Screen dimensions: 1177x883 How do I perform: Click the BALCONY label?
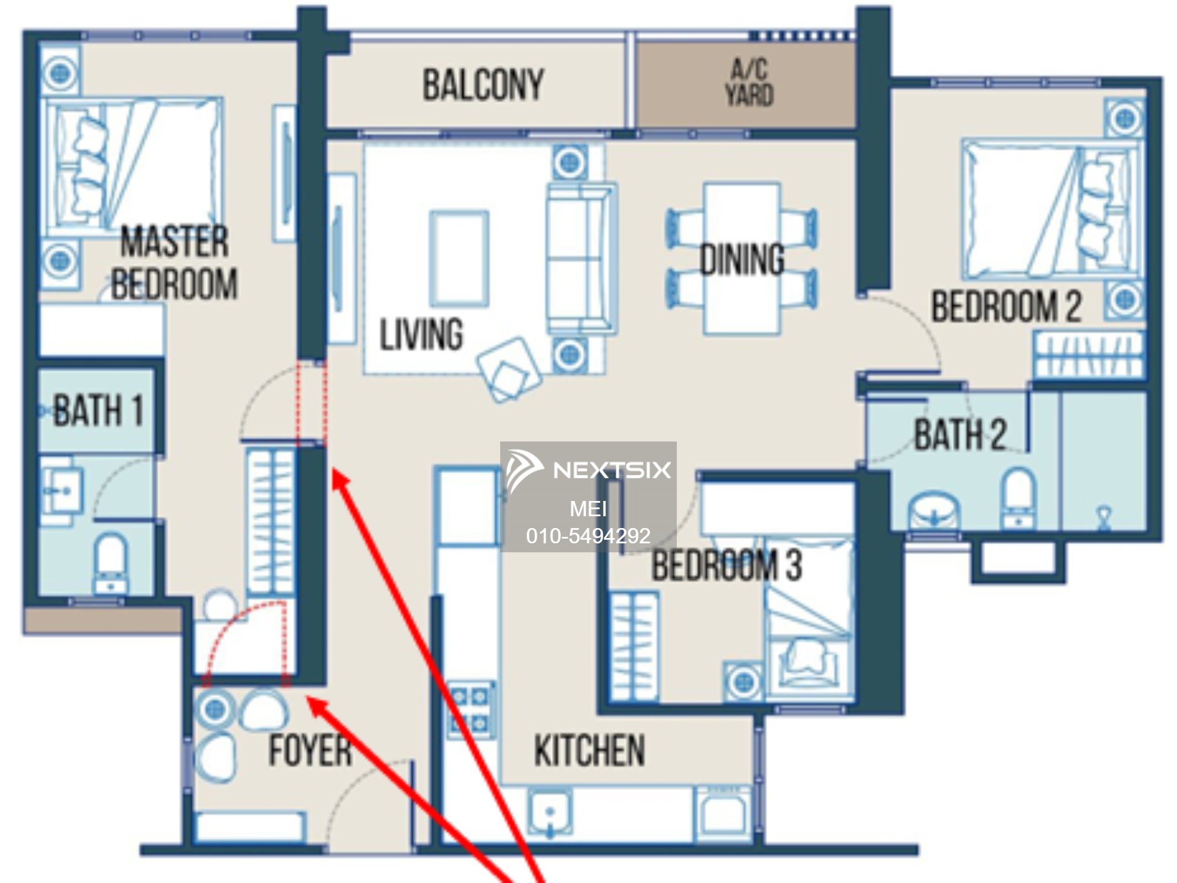[483, 85]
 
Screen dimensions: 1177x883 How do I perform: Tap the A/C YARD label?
[749, 82]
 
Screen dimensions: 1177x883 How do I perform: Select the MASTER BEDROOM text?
[175, 263]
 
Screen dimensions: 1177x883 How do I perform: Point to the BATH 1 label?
[98, 410]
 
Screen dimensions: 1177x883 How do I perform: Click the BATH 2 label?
[960, 434]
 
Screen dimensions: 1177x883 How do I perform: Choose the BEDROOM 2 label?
[1006, 306]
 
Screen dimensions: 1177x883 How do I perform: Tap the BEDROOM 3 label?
[727, 565]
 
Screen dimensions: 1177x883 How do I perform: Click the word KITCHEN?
[590, 751]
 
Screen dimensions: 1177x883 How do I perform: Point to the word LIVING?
[421, 334]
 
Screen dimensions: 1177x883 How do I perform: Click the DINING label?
[742, 259]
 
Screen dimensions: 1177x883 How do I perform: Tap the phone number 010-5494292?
[588, 536]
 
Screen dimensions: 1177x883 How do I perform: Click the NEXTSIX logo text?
[612, 470]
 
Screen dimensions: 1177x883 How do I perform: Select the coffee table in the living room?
[459, 258]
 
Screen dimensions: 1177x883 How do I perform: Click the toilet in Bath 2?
[1019, 498]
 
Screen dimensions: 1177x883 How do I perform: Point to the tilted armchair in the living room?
[510, 369]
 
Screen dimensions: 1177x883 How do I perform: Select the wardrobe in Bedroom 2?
[1089, 354]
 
